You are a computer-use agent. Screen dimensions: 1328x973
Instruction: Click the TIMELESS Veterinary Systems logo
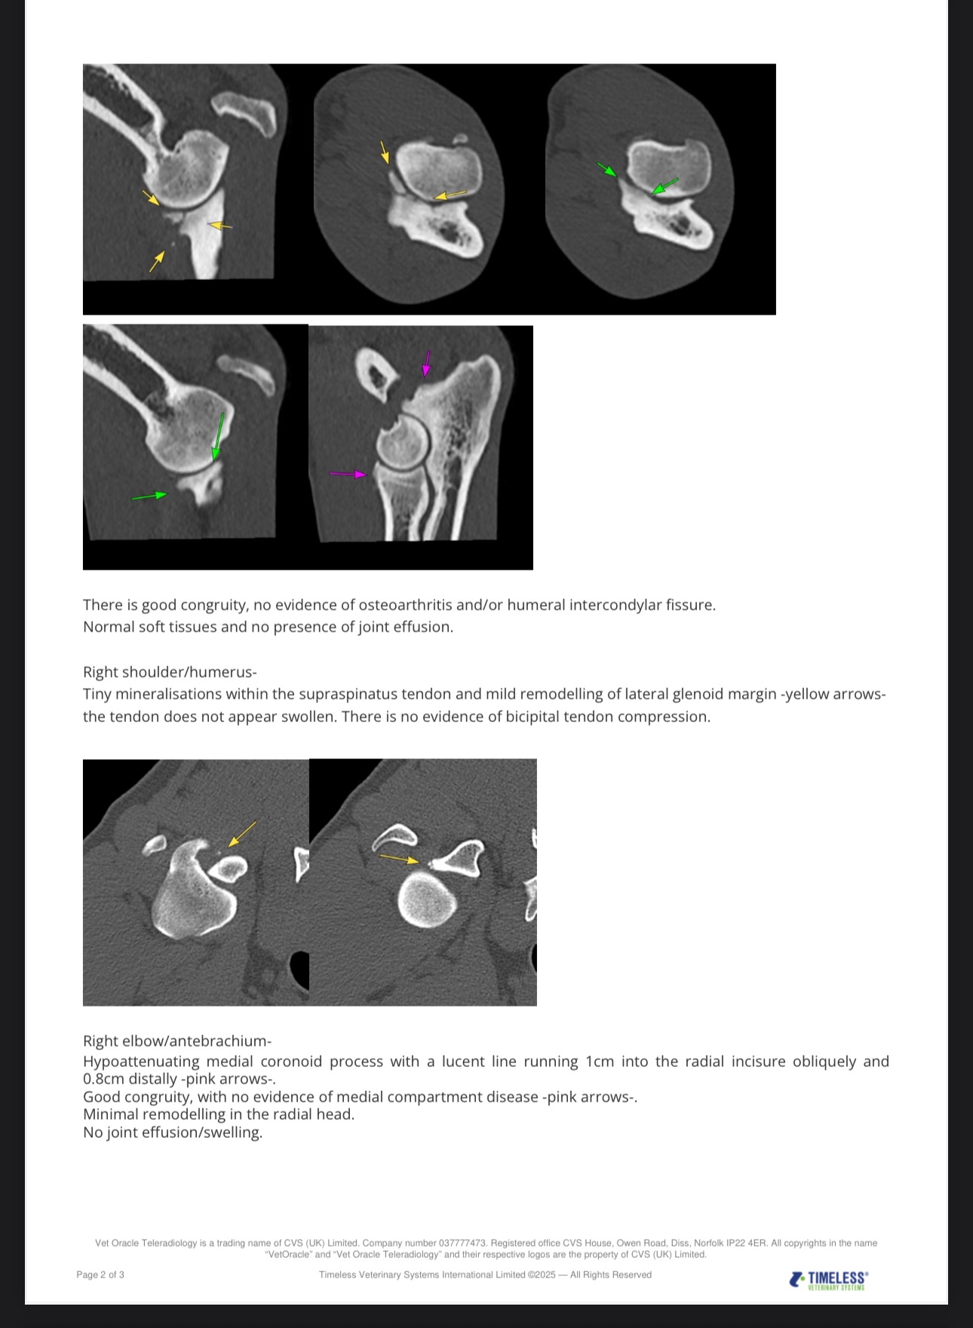pyautogui.click(x=829, y=1280)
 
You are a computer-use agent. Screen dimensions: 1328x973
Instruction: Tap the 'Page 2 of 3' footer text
pyautogui.click(x=100, y=1274)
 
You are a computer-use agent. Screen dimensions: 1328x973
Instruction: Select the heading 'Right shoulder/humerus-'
pyautogui.click(x=170, y=672)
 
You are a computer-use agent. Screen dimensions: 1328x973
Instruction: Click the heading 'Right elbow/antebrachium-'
pyautogui.click(x=177, y=1041)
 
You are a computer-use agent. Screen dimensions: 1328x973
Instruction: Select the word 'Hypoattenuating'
pyautogui.click(x=138, y=1061)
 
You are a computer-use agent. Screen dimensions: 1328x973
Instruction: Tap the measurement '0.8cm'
pyautogui.click(x=103, y=1079)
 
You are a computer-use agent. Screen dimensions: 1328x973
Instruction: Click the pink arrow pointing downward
pyautogui.click(x=427, y=363)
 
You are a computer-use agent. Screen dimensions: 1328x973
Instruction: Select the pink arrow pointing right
pyautogui.click(x=348, y=474)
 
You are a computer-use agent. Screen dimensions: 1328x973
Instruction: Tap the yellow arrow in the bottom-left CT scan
pyautogui.click(x=241, y=834)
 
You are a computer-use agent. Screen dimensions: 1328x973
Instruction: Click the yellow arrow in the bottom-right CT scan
pyautogui.click(x=399, y=858)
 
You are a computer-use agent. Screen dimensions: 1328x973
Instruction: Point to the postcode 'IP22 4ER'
pyautogui.click(x=747, y=1243)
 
